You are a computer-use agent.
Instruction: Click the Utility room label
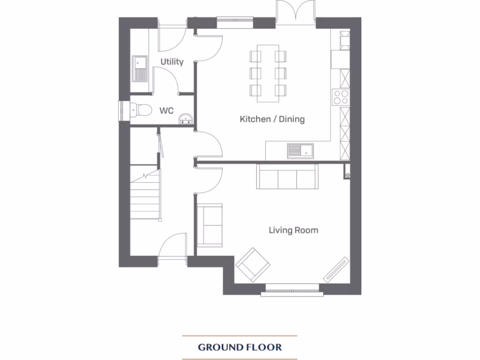[x=172, y=62]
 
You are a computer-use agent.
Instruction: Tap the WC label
[x=166, y=111]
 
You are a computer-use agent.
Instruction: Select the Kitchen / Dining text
[x=272, y=119]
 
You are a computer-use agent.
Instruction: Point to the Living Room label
[x=293, y=230]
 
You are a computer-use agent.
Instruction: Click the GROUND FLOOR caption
[x=240, y=347]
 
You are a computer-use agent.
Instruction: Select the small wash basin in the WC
[x=186, y=120]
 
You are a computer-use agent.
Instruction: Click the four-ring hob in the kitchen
[x=340, y=97]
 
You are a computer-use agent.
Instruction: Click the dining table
[x=268, y=73]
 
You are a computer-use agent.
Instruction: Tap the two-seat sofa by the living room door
[x=210, y=225]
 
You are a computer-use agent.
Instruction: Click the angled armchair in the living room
[x=253, y=265]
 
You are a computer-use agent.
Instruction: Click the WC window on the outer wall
[x=123, y=111]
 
